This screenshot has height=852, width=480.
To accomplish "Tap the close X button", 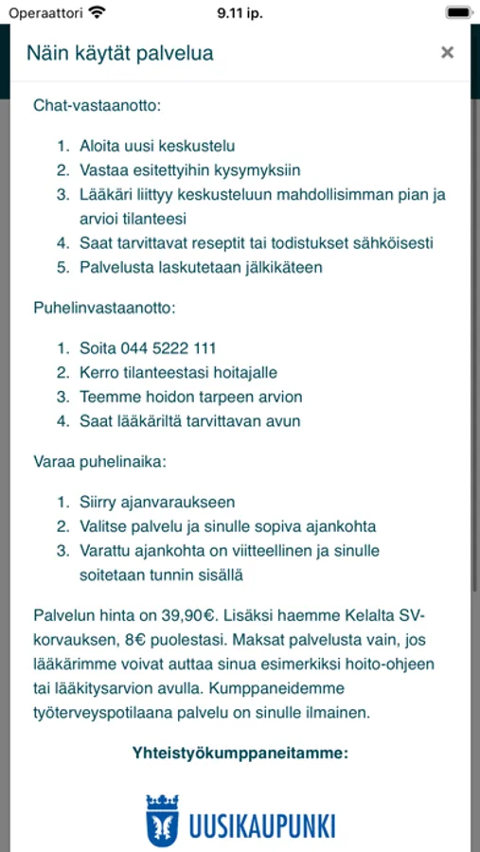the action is (x=447, y=53).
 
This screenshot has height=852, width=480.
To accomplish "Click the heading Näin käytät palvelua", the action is (x=119, y=53).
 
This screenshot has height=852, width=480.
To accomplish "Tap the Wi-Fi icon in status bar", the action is (x=97, y=11).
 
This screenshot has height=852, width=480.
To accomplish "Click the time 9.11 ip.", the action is (x=240, y=11).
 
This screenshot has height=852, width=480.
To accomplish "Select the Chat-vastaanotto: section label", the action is (x=98, y=105).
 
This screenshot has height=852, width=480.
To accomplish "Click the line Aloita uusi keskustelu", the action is (x=157, y=146).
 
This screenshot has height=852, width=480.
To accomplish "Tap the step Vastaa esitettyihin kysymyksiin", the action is (x=189, y=170).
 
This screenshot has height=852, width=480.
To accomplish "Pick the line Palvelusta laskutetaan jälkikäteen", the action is (x=201, y=267).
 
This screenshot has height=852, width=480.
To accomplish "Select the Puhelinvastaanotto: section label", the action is (x=105, y=308).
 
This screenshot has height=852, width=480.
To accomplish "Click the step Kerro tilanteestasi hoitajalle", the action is (x=178, y=373).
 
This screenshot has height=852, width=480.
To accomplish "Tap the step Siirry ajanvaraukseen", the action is (x=157, y=503).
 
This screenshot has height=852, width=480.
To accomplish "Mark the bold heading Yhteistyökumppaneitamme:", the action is (x=240, y=754).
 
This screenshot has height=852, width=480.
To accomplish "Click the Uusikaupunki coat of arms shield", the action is (x=162, y=821).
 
